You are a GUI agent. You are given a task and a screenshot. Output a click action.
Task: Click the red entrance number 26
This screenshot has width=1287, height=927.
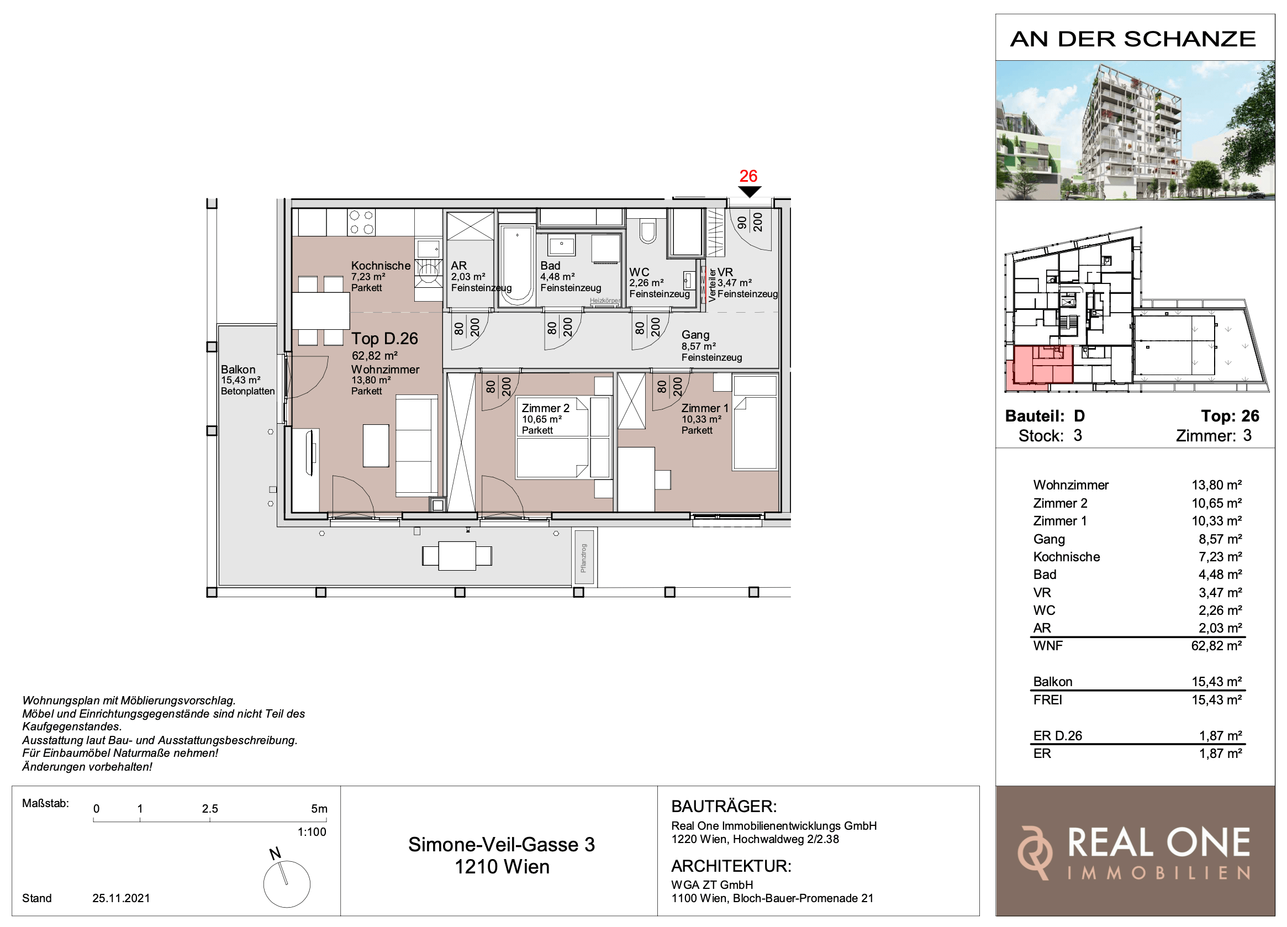click(x=748, y=176)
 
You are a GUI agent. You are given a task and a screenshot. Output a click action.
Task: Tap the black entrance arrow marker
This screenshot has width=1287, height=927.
click(x=749, y=192)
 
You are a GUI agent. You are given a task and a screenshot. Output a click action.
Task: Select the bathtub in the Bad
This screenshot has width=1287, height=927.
click(x=517, y=265)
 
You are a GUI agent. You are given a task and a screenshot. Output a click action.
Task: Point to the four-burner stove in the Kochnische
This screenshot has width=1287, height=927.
click(x=361, y=223)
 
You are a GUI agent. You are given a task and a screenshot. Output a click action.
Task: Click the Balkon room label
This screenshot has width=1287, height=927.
click(x=238, y=370)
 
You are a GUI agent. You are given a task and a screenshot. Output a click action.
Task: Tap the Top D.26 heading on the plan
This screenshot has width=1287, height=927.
click(x=384, y=339)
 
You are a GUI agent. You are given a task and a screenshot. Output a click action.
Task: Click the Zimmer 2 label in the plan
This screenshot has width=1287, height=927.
click(x=545, y=408)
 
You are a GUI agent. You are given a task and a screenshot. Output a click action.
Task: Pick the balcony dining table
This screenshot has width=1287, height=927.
click(x=457, y=556)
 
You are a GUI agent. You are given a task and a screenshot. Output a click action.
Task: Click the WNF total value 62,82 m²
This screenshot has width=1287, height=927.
click(x=1216, y=646)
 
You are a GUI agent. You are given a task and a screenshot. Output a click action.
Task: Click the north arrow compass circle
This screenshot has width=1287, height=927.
click(x=287, y=884)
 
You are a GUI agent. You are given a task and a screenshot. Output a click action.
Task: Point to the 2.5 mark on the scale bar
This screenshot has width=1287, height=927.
click(x=210, y=809)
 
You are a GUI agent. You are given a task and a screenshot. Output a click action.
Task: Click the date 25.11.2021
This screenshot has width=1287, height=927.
click(x=121, y=898)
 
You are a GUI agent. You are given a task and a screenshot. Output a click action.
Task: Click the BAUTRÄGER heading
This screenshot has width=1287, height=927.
click(x=724, y=807)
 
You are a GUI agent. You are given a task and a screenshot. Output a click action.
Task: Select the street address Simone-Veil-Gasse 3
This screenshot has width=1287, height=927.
click(x=502, y=845)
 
